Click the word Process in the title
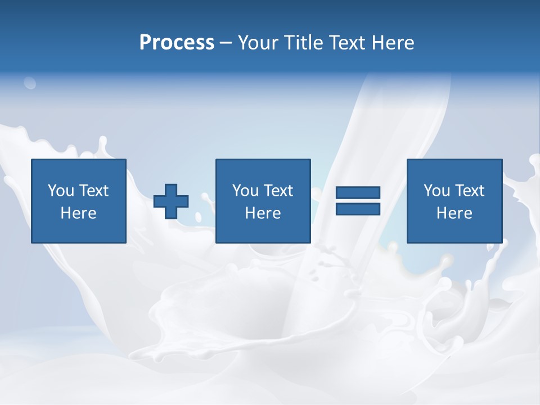177,43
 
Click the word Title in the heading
302,43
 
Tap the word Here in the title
393,43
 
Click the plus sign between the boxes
171,201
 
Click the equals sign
358,201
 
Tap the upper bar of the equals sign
358,193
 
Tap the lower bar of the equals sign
358,209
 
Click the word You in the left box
61,191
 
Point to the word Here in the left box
79,213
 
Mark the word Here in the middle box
263,213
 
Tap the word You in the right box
436,191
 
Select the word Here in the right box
454,213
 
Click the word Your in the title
257,43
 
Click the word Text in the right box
469,191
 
